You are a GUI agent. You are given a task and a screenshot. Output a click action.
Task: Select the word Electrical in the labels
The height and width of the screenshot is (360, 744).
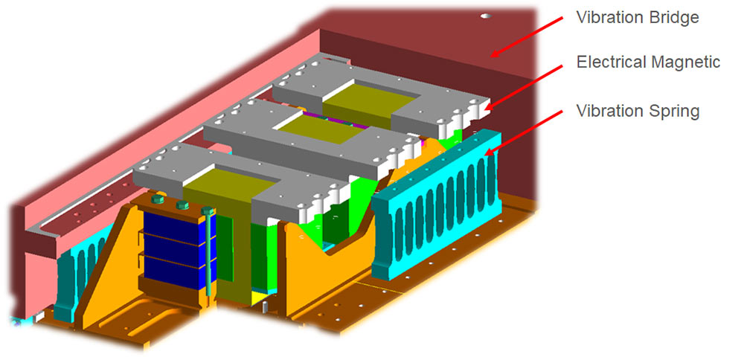point(609,62)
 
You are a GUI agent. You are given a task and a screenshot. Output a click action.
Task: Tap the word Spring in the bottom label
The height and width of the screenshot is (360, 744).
point(673,112)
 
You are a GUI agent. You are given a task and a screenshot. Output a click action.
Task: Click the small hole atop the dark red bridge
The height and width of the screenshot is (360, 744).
point(487,15)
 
